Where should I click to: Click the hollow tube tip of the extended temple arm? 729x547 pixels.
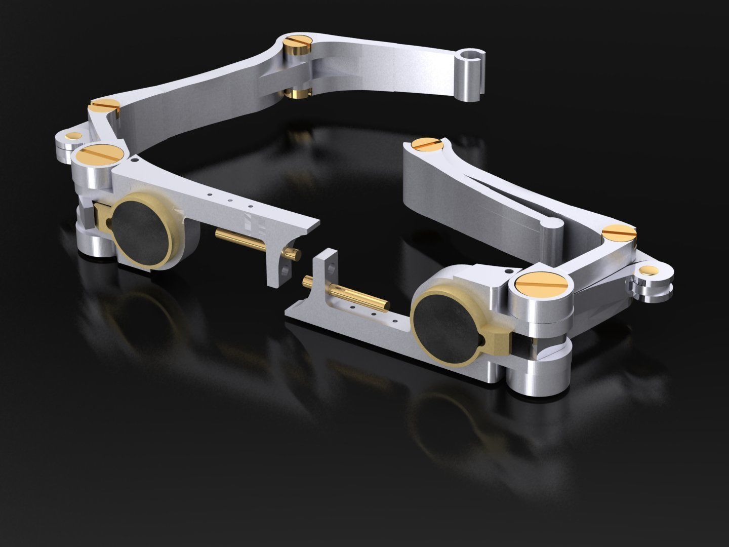tap(472, 55)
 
